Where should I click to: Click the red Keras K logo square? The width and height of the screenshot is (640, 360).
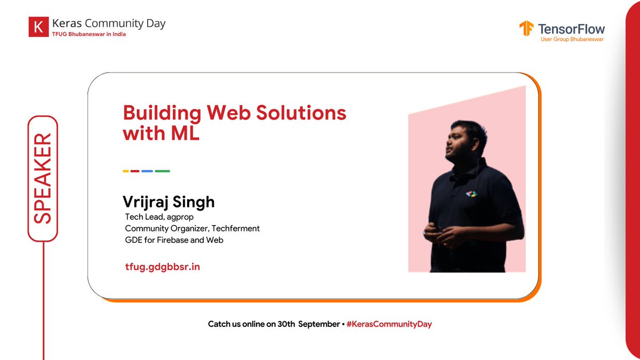38,27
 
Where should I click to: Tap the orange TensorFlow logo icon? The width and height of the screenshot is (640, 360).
526,29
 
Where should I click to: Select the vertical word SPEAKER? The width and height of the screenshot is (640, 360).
42,179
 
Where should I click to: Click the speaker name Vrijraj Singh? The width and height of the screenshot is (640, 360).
169,202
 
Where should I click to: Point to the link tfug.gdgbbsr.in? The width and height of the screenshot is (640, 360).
162,266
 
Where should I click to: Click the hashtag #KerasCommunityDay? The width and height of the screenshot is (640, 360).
388,324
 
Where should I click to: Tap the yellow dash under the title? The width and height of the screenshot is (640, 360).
126,171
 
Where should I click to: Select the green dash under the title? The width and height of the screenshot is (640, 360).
162,171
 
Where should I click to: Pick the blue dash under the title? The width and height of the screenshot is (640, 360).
147,171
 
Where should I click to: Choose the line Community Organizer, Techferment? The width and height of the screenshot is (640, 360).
192,228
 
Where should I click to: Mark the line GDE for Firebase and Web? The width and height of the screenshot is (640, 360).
174,240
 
